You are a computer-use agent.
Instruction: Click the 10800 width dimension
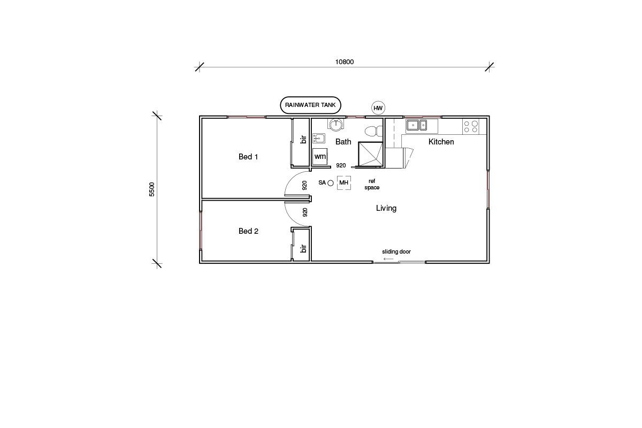click(x=345, y=62)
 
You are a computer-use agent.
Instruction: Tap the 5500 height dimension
click(x=152, y=189)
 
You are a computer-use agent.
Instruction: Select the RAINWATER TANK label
click(x=310, y=105)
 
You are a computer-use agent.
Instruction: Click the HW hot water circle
click(x=378, y=109)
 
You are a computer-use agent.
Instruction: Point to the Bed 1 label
click(x=248, y=157)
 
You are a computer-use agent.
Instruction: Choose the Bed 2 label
click(x=248, y=231)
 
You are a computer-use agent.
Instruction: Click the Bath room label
click(x=343, y=142)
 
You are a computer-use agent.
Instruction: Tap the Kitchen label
click(x=441, y=142)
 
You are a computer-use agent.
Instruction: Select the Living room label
click(x=386, y=208)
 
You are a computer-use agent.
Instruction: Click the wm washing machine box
click(x=320, y=157)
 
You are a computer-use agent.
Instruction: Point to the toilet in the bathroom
click(x=374, y=132)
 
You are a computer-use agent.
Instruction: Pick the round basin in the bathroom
click(x=336, y=125)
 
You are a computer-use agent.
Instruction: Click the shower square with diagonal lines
click(x=371, y=154)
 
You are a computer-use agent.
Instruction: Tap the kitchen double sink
click(x=416, y=125)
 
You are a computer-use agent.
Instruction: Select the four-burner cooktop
click(x=471, y=127)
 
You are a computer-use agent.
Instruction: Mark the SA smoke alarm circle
click(x=331, y=183)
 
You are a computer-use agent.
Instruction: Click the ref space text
click(x=372, y=185)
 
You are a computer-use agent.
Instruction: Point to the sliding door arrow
click(x=388, y=259)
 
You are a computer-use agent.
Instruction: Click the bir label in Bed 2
click(x=303, y=248)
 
